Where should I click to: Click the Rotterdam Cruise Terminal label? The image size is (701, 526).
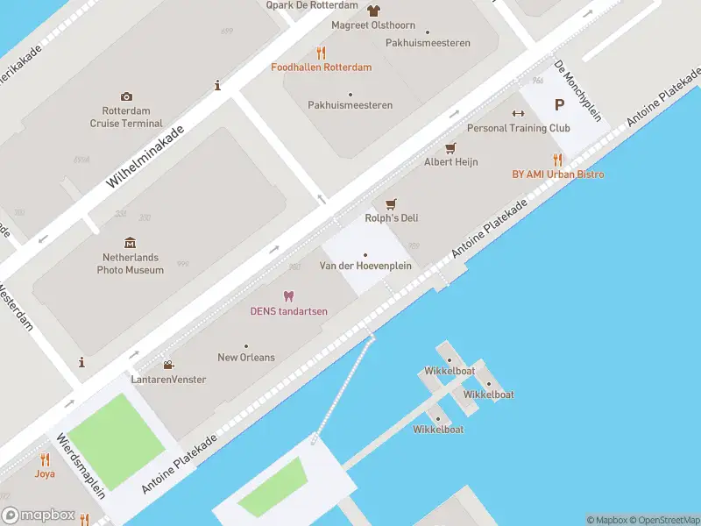coord(126,117)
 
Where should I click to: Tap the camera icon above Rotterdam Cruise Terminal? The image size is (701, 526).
coord(127,96)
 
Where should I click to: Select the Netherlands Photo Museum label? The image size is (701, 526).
coord(131,264)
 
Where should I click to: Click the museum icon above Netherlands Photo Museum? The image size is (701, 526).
coord(131,242)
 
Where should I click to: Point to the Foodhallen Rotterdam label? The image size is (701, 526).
coord(321,68)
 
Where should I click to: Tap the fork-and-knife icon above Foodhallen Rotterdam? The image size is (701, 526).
coord(321,52)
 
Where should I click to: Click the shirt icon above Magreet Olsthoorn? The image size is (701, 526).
coord(374,11)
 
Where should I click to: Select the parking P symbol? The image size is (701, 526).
coord(559,105)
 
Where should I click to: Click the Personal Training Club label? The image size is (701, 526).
coord(519,128)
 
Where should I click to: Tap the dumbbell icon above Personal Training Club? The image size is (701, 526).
coord(518,112)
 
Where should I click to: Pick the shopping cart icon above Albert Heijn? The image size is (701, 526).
coord(451,147)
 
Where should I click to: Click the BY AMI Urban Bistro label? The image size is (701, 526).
coord(558,174)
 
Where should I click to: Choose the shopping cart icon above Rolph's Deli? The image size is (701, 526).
coord(391,203)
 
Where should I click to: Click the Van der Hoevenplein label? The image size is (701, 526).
coord(365,266)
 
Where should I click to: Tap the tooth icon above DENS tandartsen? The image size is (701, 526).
coord(288,296)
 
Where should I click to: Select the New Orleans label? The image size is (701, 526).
coord(246,358)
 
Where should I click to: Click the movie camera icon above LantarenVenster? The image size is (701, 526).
coord(167,365)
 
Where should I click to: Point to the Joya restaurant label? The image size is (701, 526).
coord(45,473)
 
